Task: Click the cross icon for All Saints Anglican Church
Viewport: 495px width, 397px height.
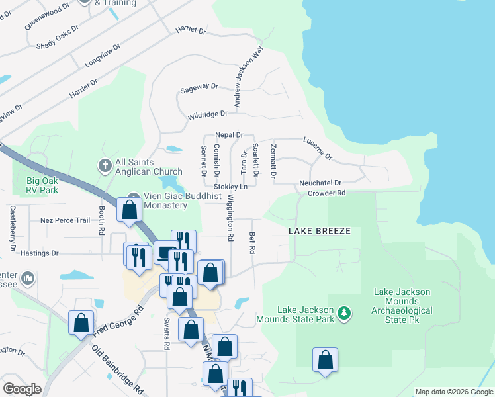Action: (x=104, y=163)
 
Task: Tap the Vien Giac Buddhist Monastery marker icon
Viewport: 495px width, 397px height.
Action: (x=134, y=197)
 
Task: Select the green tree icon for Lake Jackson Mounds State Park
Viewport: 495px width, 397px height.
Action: (x=343, y=312)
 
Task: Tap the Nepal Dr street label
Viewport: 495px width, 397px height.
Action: (x=230, y=134)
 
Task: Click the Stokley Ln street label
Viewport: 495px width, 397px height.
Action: (x=229, y=187)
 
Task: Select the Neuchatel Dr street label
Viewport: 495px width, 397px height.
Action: (x=320, y=183)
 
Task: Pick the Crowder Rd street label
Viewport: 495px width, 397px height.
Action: (x=326, y=193)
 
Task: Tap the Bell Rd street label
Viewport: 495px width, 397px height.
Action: (x=252, y=243)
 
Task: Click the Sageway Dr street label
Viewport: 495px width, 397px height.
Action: (x=199, y=86)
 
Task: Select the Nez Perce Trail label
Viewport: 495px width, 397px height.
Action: (x=65, y=220)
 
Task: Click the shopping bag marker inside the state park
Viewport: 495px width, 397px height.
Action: (x=325, y=361)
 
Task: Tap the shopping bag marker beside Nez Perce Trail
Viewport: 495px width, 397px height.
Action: (x=130, y=210)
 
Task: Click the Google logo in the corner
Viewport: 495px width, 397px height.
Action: (x=22, y=389)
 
